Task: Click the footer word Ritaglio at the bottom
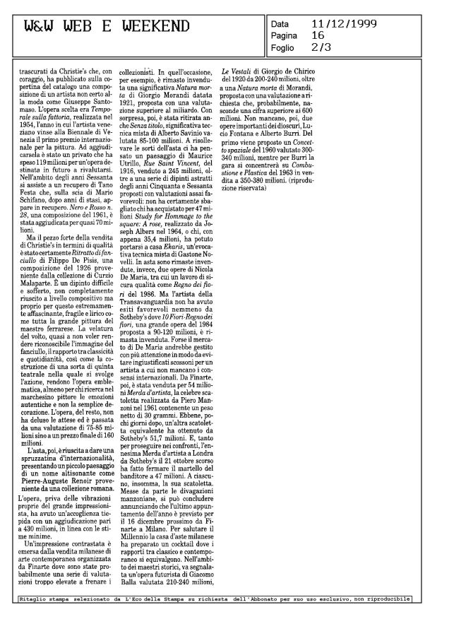pyautogui.click(x=35, y=599)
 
